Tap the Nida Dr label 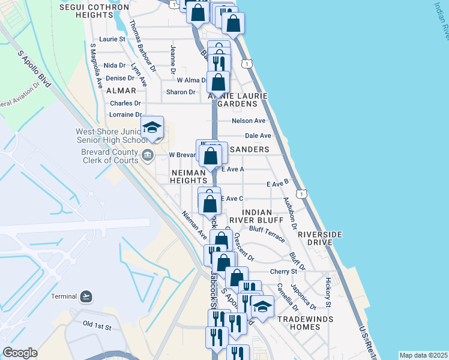(114, 65)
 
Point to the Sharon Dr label (181, 92)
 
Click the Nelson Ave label (249, 121)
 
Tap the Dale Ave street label (258, 136)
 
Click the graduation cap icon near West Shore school (152, 127)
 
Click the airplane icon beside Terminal (87, 296)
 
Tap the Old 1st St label (97, 325)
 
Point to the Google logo (20, 353)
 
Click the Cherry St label (284, 271)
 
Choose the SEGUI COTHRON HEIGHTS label (95, 11)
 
